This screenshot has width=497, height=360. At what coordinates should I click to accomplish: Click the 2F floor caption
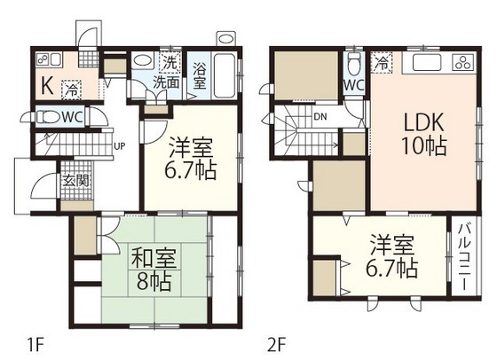tap(276, 340)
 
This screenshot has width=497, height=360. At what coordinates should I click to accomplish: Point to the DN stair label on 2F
tap(319, 115)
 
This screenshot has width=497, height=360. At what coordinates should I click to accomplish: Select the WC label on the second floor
tap(353, 85)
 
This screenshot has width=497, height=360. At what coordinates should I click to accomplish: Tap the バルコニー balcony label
tap(465, 257)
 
